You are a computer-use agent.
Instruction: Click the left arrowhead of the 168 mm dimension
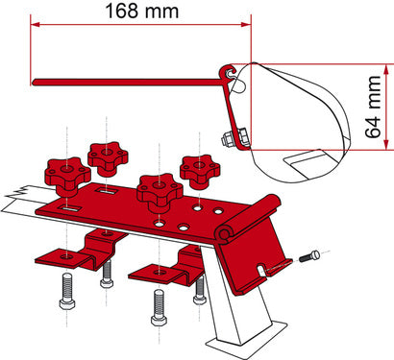click(35, 28)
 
